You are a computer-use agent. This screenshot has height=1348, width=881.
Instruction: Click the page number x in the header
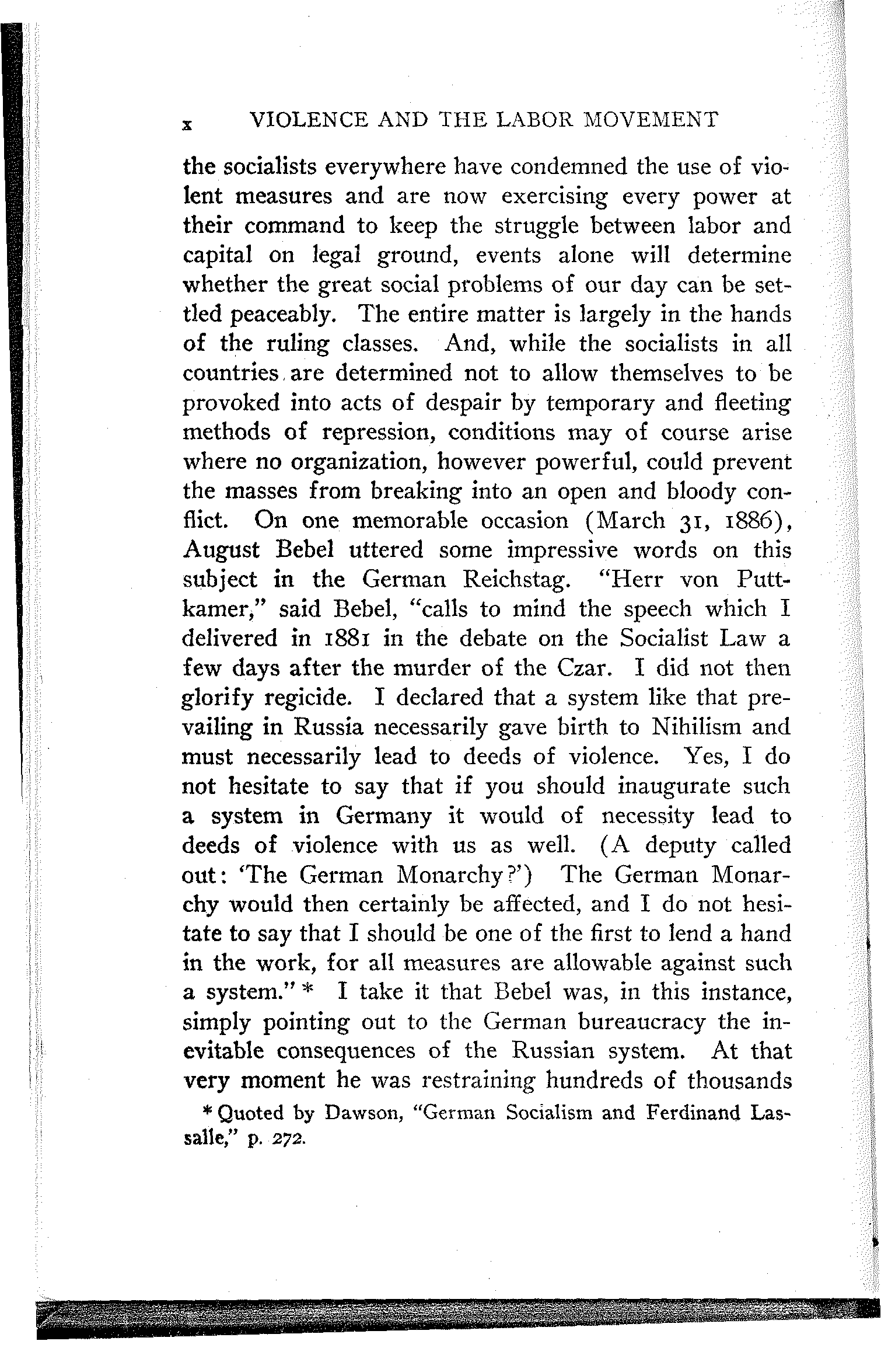pyautogui.click(x=187, y=124)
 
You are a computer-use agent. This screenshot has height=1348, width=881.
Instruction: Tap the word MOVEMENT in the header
pyautogui.click(x=651, y=120)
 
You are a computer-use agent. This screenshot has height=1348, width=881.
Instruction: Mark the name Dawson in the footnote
pyautogui.click(x=361, y=1113)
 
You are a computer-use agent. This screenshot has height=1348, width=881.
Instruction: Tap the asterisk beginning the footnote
pyautogui.click(x=207, y=1113)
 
